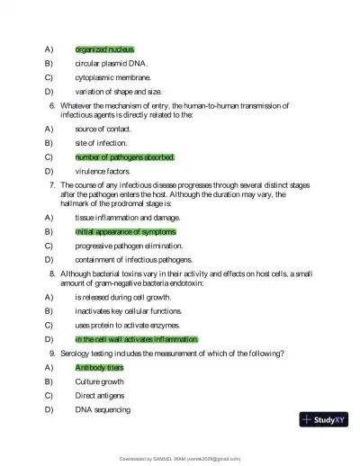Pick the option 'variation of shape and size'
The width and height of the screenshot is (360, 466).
pyautogui.click(x=119, y=92)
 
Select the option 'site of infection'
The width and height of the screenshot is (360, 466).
pyautogui.click(x=101, y=143)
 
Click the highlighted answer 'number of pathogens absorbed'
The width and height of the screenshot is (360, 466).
pyautogui.click(x=124, y=157)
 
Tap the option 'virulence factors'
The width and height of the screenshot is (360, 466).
pyautogui.click(x=103, y=172)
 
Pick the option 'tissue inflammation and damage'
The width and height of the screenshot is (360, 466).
pyautogui.click(x=121, y=217)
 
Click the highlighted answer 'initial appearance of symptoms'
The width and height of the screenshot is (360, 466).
pyautogui.click(x=125, y=231)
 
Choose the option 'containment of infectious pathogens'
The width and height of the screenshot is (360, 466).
pyautogui.click(x=133, y=260)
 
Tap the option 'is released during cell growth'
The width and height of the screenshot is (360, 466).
pyautogui.click(x=123, y=296)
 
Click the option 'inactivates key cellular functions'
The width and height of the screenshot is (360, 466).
pyautogui.click(x=129, y=310)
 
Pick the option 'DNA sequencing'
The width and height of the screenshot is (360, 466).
pyautogui.click(x=103, y=410)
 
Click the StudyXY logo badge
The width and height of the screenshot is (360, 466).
pyautogui.click(x=323, y=419)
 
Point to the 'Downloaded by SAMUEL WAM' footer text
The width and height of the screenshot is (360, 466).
pyautogui.click(x=180, y=459)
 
